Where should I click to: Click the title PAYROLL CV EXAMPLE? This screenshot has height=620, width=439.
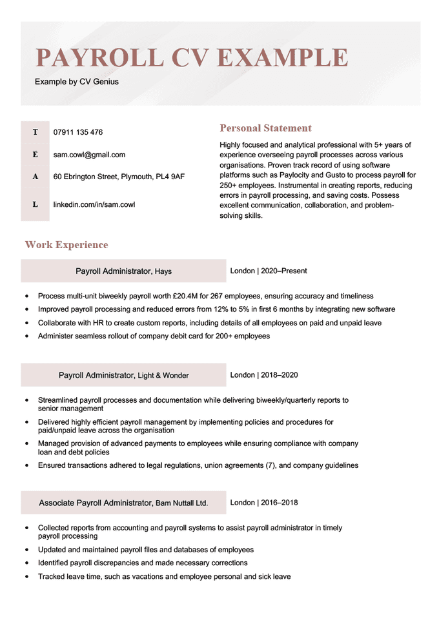[x=192, y=57]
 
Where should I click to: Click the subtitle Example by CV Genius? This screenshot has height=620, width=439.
[x=77, y=82]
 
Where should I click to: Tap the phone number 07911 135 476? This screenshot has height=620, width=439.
[x=77, y=132]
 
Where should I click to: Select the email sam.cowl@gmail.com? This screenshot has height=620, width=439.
[x=89, y=155]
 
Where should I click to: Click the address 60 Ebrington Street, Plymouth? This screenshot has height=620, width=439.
[x=119, y=176]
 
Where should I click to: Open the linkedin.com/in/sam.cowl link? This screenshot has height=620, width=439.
[x=94, y=204]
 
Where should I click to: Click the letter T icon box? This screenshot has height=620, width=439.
[x=35, y=132]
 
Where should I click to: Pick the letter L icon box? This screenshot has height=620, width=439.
[x=35, y=204]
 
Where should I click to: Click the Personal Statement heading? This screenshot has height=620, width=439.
[x=265, y=128]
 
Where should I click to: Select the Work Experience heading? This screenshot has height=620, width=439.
[x=66, y=245]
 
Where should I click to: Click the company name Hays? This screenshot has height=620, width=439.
[x=163, y=271]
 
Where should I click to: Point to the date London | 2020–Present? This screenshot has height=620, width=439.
[x=269, y=271]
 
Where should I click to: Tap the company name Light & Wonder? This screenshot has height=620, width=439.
[x=163, y=375]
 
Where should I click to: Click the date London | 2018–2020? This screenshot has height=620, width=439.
[x=264, y=374]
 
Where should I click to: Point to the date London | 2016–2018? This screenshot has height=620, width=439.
[x=264, y=502]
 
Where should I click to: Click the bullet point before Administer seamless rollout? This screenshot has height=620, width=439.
[x=26, y=336]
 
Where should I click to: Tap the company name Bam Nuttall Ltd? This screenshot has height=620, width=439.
[x=181, y=502]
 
